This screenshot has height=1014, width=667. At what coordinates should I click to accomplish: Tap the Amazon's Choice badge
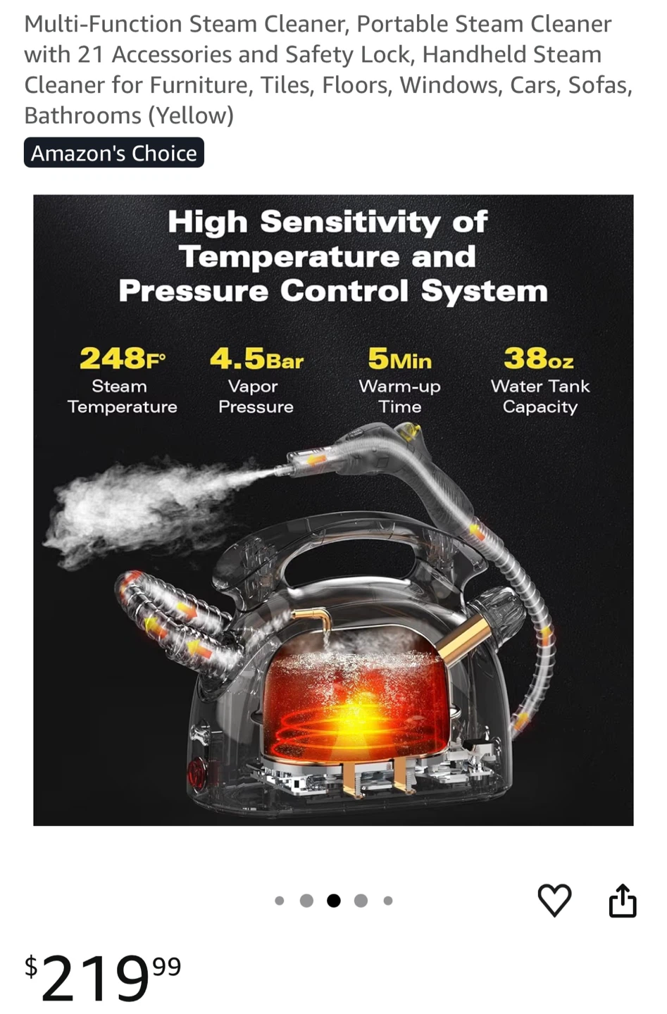point(113,153)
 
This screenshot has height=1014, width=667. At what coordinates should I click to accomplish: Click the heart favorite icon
point(554,900)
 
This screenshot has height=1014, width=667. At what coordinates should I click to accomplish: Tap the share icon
point(623,900)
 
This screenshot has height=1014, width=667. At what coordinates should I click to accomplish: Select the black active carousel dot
point(334,901)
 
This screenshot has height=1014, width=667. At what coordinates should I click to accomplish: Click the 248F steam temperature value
point(123,358)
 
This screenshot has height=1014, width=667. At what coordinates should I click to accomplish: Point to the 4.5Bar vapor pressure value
point(256,358)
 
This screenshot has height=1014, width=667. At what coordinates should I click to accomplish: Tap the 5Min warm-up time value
point(400,358)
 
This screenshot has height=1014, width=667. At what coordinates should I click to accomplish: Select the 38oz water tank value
point(539,358)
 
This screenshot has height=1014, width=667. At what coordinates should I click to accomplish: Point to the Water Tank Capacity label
point(540,396)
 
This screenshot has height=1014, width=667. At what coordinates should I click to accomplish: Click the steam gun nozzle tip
point(277,472)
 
